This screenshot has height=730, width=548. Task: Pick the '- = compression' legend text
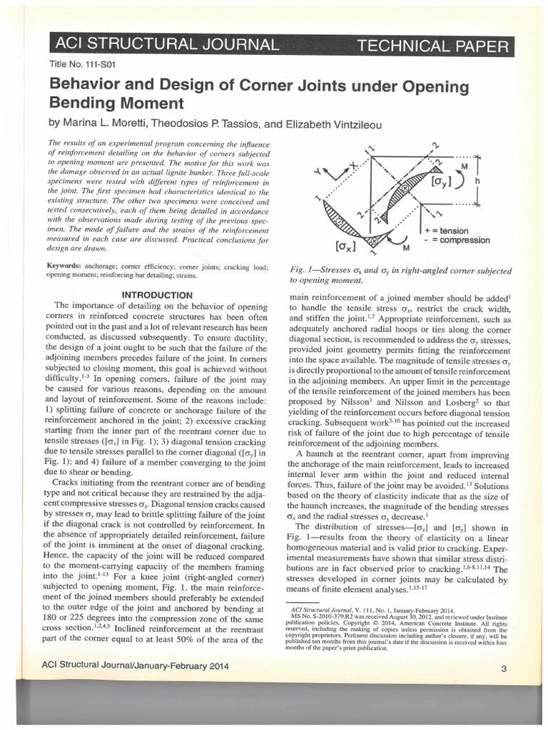click(466, 241)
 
